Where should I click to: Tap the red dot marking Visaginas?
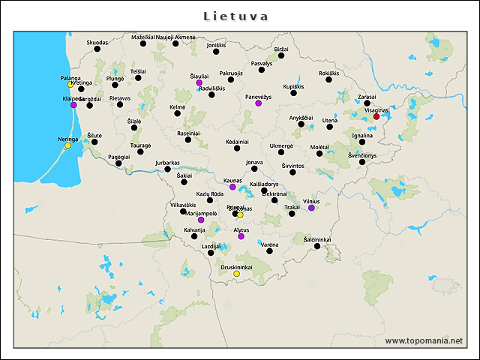click(x=376, y=116)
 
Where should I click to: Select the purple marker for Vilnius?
click(x=311, y=208)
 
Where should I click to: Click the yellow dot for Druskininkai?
click(x=236, y=274)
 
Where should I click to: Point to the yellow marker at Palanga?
click(x=70, y=84)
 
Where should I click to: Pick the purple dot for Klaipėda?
click(x=73, y=105)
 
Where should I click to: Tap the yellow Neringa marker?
click(x=67, y=145)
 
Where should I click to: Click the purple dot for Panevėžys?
click(x=258, y=103)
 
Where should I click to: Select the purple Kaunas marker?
click(x=232, y=187)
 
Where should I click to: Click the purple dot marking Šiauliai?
click(x=199, y=83)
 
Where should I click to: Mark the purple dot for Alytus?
click(x=241, y=236)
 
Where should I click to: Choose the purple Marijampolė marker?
click(x=200, y=220)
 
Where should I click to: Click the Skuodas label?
click(x=97, y=43)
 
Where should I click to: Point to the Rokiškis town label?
click(x=328, y=73)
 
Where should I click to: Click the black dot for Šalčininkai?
click(x=317, y=246)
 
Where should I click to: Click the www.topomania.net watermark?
click(x=424, y=340)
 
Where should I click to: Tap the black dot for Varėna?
click(x=269, y=250)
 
